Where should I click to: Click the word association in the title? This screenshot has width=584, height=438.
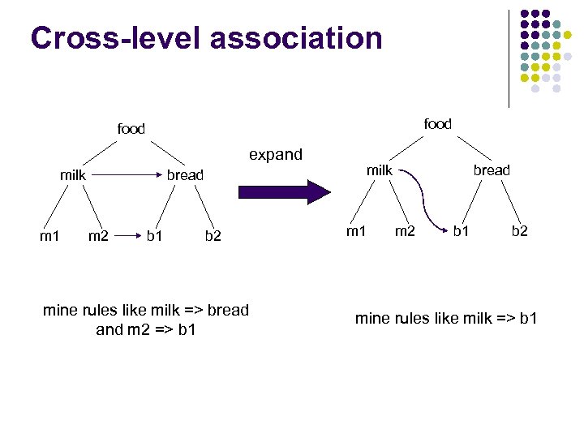[297, 37]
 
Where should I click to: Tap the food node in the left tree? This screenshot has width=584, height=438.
[131, 129]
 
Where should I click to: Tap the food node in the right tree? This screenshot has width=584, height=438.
[438, 123]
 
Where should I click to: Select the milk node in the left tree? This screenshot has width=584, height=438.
[73, 174]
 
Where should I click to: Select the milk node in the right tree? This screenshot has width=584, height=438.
[380, 170]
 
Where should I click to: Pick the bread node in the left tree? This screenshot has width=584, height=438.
[185, 174]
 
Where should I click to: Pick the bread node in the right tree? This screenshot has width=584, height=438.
[492, 170]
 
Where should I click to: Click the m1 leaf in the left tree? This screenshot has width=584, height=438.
[50, 236]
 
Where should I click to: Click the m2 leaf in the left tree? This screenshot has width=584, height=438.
[98, 236]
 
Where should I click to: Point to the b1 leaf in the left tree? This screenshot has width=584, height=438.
[155, 236]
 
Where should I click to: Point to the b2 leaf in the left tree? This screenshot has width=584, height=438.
[213, 236]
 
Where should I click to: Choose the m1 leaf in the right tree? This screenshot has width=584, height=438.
[356, 231]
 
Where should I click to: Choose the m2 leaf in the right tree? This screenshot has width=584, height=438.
[405, 231]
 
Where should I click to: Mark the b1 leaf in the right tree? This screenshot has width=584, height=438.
[462, 231]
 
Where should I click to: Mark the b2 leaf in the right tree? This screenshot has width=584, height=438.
[519, 231]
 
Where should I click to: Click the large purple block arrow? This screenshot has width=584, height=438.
[284, 192]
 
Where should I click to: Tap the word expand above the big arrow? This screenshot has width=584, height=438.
[276, 154]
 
